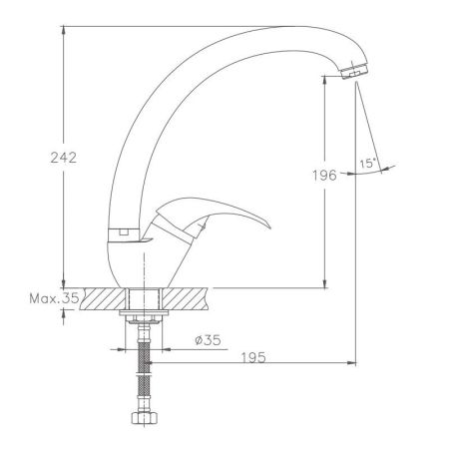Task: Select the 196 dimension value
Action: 319,177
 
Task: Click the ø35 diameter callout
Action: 206,341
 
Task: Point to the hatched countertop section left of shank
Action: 105,298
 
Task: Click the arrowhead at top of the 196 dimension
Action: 325,77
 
